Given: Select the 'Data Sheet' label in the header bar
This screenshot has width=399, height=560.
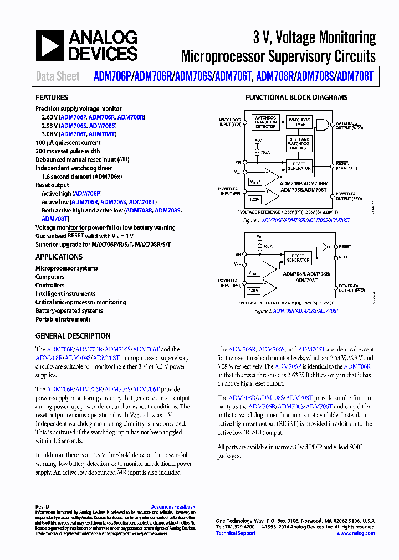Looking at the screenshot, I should click(x=58, y=77).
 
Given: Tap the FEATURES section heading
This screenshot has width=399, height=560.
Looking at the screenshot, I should click(x=52, y=98).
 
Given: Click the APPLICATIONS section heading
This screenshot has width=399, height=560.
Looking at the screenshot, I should click(x=59, y=257).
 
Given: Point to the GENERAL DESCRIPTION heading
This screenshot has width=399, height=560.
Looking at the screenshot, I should click(x=73, y=336).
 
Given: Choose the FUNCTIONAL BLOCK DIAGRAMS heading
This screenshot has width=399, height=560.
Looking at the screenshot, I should click(x=296, y=98).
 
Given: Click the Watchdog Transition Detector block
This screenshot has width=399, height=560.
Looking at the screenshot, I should click(x=265, y=122).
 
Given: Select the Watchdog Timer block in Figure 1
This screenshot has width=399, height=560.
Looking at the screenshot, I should click(x=299, y=122).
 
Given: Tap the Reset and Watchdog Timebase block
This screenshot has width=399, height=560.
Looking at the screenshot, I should click(x=299, y=143).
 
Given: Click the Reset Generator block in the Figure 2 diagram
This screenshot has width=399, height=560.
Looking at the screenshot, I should click(x=298, y=258).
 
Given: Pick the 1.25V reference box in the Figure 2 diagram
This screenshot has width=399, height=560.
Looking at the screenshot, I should click(x=254, y=290).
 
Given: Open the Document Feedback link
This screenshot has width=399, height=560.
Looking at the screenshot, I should click(x=172, y=507).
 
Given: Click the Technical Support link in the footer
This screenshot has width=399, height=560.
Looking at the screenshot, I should click(x=236, y=533).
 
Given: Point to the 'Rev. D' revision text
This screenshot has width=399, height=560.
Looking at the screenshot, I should click(x=43, y=507).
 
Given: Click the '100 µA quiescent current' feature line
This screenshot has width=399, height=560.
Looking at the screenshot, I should click(x=68, y=143).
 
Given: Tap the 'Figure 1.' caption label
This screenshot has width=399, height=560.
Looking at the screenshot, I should click(x=252, y=220).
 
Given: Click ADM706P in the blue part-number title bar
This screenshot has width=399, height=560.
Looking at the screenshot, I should click(x=113, y=77).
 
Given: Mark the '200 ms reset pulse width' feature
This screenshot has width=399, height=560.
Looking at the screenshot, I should click(x=68, y=151).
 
